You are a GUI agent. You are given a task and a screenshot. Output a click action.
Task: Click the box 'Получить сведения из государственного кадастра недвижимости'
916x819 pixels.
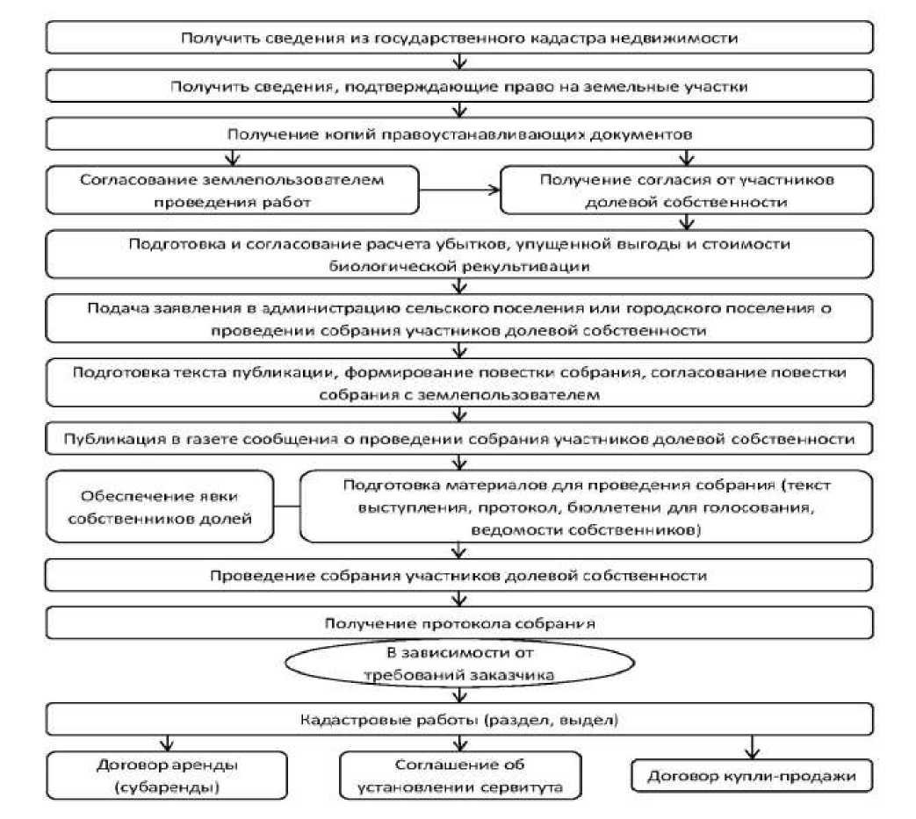[459, 38]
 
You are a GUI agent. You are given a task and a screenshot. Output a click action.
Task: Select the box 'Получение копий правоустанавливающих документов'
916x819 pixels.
[459, 133]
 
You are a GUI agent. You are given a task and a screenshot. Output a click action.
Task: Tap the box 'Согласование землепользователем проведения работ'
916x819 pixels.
[232, 190]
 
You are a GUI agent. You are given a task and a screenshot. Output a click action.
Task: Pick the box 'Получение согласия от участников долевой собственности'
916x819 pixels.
[687, 190]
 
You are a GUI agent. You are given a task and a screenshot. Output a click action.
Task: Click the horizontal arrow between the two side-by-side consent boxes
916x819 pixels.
[458, 188]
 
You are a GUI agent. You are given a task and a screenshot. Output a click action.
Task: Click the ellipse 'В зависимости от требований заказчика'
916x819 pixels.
[460, 665]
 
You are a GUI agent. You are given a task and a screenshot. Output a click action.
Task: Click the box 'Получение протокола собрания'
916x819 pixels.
[459, 624]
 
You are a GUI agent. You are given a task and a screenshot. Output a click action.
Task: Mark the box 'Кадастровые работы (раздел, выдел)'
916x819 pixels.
[459, 720]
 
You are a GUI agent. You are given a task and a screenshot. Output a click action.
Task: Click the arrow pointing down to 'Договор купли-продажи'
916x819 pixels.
[753, 747]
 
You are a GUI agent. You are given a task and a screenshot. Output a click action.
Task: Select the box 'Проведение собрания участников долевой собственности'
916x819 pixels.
[459, 576]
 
